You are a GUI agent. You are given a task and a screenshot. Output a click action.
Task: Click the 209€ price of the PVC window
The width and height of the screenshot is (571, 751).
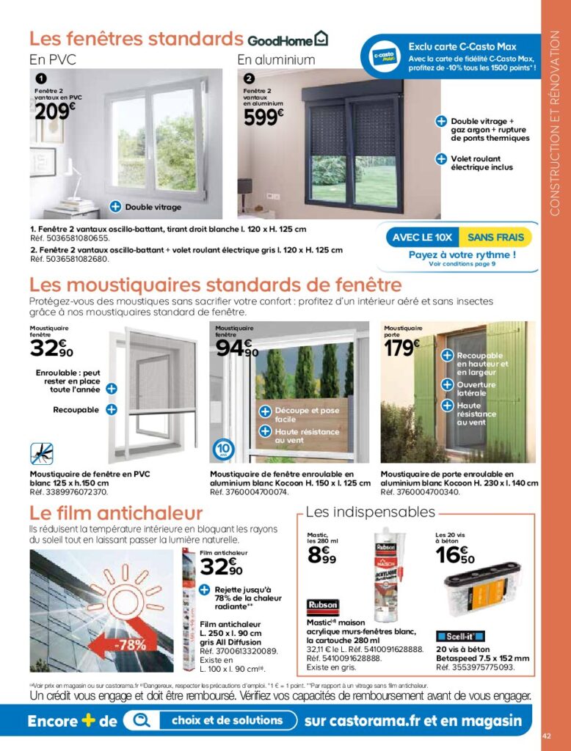[55, 111]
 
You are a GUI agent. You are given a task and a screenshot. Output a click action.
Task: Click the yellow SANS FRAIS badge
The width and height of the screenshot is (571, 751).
[495, 238]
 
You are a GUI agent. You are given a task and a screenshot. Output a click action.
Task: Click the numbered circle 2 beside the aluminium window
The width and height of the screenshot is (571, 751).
[249, 78]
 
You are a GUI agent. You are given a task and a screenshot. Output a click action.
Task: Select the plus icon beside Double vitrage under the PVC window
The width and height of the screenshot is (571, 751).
[115, 207]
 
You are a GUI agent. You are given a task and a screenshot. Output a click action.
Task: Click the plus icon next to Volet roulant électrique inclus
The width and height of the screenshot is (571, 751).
[441, 158]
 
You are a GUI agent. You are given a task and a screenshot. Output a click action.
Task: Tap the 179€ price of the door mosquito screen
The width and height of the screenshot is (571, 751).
[402, 347]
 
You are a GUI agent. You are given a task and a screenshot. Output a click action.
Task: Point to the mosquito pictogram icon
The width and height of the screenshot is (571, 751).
[42, 453]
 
